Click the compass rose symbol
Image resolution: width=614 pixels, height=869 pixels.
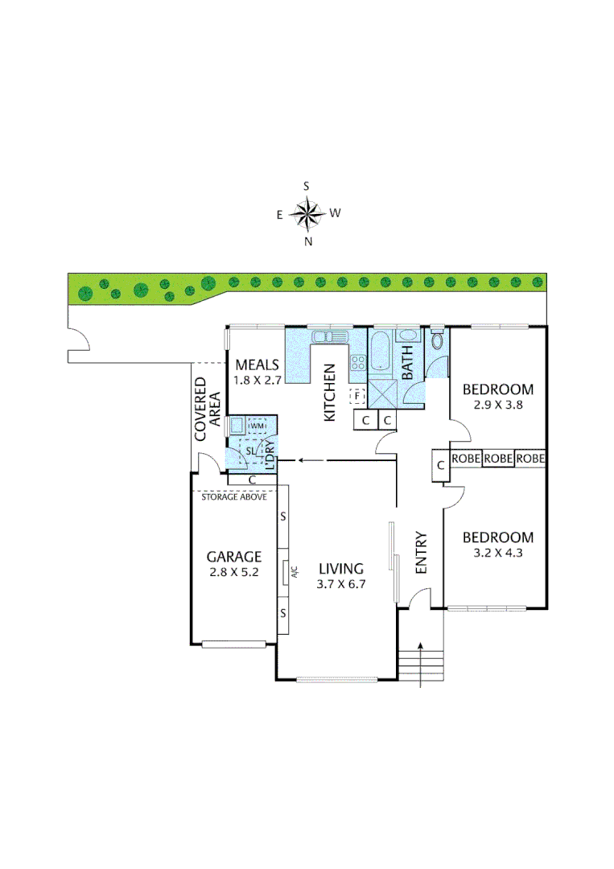307,213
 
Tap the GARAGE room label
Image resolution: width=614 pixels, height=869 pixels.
234,556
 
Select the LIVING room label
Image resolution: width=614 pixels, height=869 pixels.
340,568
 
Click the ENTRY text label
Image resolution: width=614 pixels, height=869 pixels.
420,554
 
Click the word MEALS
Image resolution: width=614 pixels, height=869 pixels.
257,364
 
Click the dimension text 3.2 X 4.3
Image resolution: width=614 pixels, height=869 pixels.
498,554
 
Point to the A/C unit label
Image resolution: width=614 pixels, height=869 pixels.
295,575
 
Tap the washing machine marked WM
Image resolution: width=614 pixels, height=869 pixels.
257,426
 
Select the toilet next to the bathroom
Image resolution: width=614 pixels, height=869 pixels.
437,340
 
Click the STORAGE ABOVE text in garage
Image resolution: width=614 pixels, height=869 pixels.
235,496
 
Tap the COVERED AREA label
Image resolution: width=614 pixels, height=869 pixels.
208,410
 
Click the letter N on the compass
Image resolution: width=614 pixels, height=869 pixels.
308,241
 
